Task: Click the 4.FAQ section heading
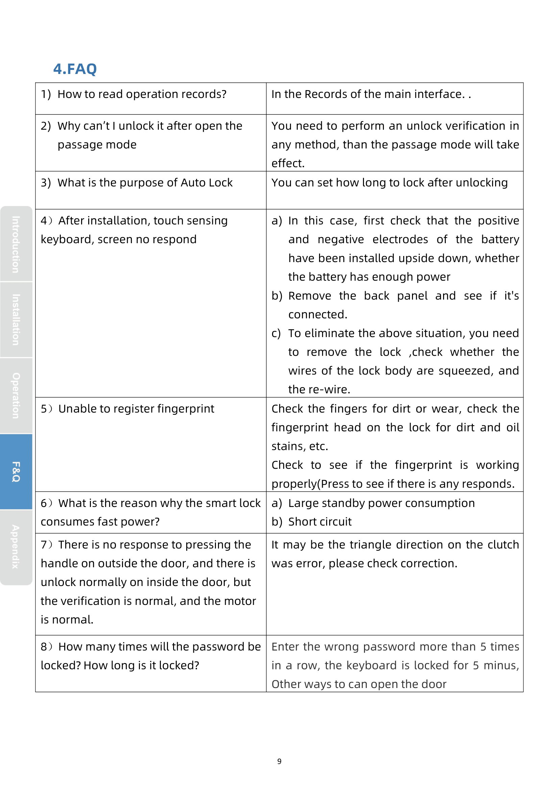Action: [x=75, y=69]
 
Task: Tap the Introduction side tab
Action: [x=16, y=244]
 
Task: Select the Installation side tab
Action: [x=16, y=320]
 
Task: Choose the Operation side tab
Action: [x=16, y=396]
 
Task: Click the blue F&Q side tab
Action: [x=16, y=472]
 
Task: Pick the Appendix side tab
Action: [x=16, y=547]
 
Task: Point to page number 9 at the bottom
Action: [x=279, y=761]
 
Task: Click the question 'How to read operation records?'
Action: [x=142, y=94]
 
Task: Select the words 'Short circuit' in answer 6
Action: [x=320, y=522]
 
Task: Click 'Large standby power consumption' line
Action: [x=381, y=503]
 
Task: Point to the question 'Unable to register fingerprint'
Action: [x=136, y=409]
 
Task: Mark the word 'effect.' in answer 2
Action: [x=288, y=163]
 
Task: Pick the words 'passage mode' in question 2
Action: [x=97, y=145]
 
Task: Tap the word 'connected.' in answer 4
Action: [x=318, y=314]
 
